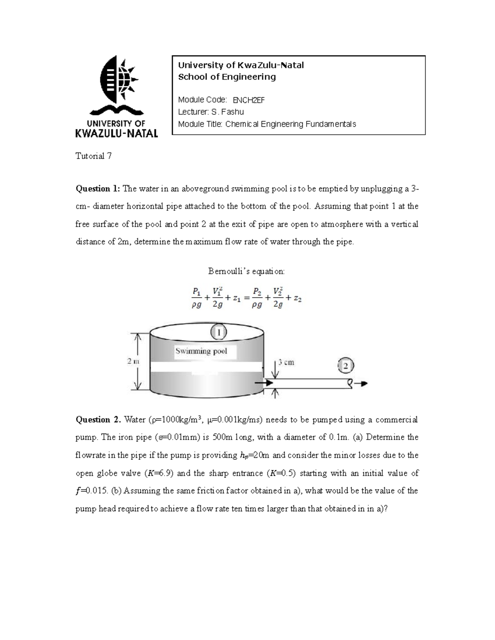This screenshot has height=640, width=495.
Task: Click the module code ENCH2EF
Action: pyautogui.click(x=248, y=100)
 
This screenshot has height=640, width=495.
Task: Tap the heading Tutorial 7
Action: pyautogui.click(x=93, y=156)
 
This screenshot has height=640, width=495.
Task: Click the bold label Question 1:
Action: pyautogui.click(x=98, y=189)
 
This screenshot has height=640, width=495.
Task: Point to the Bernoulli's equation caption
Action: pyautogui.click(x=246, y=272)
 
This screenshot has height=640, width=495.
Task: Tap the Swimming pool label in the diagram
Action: pyautogui.click(x=201, y=352)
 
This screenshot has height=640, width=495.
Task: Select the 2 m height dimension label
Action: pyautogui.click(x=133, y=361)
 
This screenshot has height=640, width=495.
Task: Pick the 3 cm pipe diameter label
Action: pyautogui.click(x=286, y=363)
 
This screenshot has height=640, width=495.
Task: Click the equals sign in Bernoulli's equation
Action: pyautogui.click(x=246, y=300)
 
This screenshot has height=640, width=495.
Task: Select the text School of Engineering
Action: pyautogui.click(x=226, y=77)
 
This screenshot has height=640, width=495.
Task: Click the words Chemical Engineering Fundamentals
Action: pyautogui.click(x=290, y=124)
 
